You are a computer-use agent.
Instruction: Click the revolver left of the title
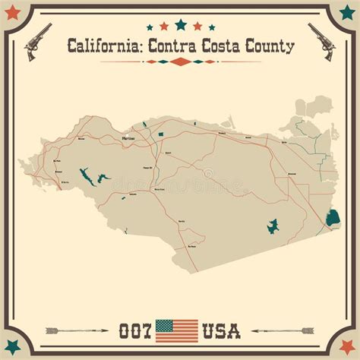click(x=36, y=41)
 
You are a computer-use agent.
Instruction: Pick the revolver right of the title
click(x=322, y=41)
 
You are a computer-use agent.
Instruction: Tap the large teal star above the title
click(x=180, y=24)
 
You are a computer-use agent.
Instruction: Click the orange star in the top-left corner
click(x=12, y=13)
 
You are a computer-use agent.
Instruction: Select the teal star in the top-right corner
click(x=347, y=13)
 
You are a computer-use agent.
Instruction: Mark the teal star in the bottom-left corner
click(x=12, y=347)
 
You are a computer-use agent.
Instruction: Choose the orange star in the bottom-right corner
click(x=347, y=347)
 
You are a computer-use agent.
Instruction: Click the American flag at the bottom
click(x=176, y=330)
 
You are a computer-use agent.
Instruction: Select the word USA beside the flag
click(x=220, y=331)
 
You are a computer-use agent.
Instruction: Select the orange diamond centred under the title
click(x=180, y=62)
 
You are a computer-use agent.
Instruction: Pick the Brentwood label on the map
click(x=292, y=174)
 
